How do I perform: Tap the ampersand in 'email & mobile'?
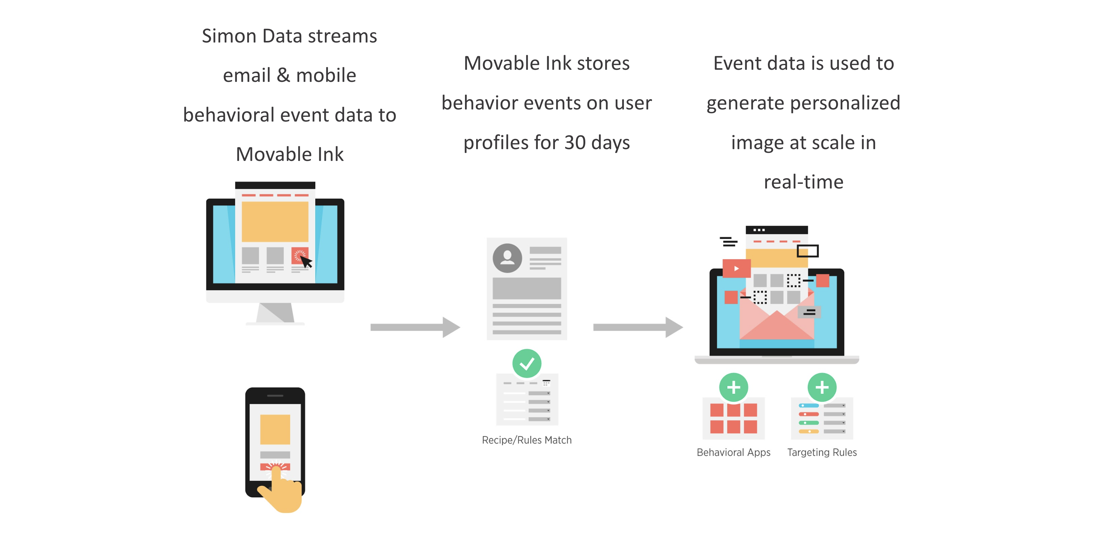tap(283, 75)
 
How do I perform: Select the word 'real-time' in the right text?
tap(803, 182)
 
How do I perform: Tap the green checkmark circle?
tap(526, 363)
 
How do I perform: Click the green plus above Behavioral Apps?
tap(733, 387)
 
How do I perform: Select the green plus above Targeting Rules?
tap(821, 387)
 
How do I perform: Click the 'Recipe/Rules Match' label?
tap(526, 440)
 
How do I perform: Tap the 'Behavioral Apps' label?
tap(733, 452)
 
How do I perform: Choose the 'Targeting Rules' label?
tap(821, 452)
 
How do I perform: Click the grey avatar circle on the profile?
tap(507, 258)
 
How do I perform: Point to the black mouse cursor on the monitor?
tap(306, 262)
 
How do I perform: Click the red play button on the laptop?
tap(736, 268)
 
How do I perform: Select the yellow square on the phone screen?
tap(275, 429)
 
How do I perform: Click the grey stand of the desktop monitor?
tap(275, 313)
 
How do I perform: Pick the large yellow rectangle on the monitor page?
tap(275, 222)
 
